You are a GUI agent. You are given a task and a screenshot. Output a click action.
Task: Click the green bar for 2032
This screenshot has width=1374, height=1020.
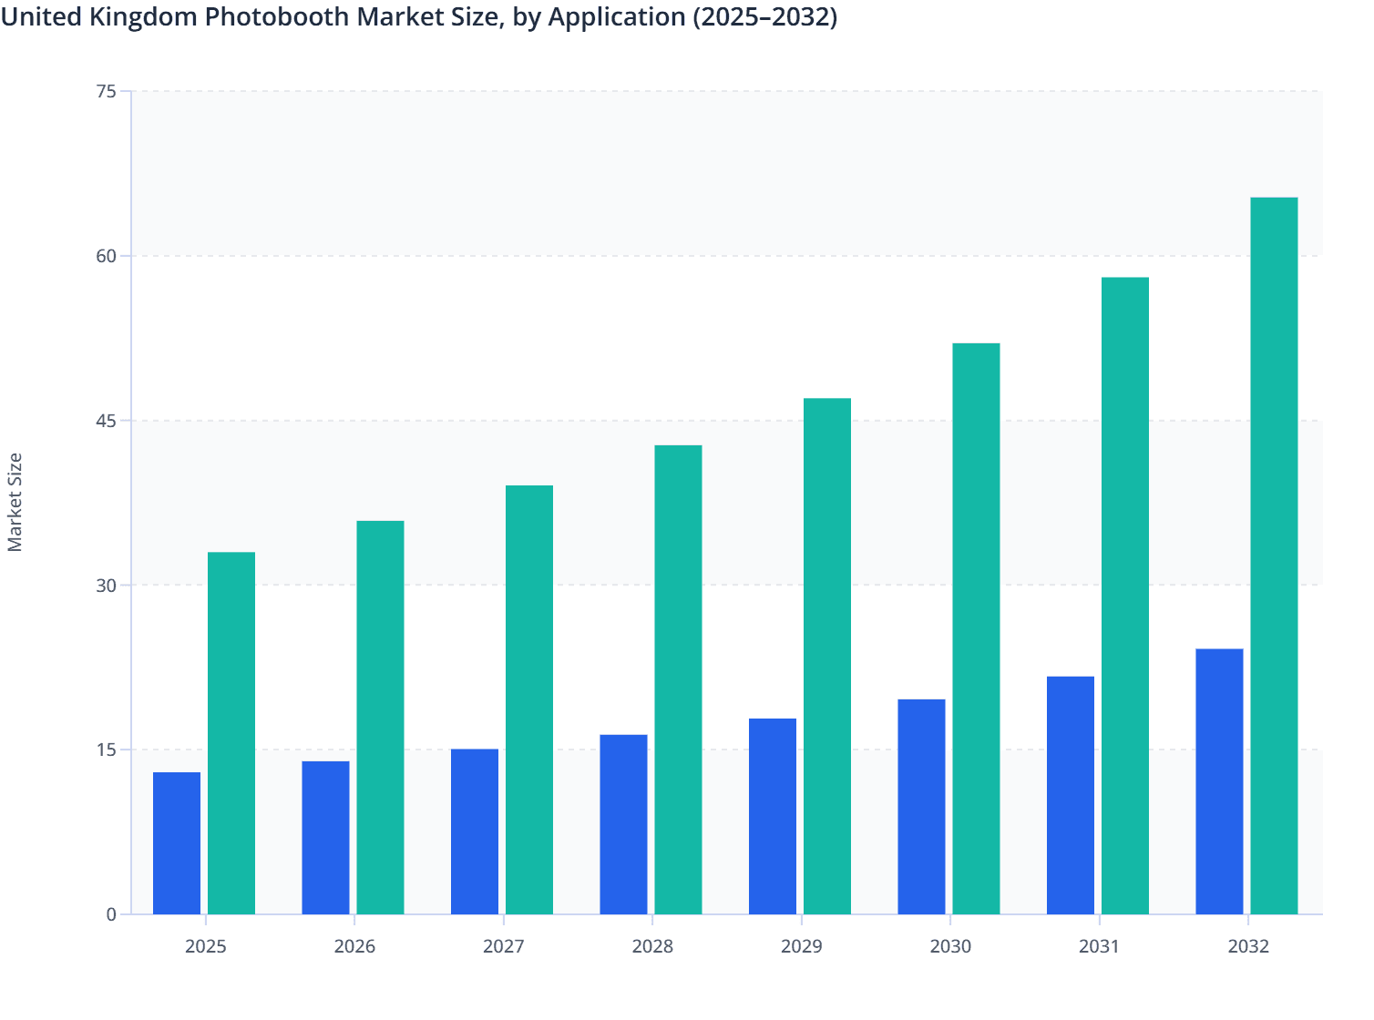pos(1274,556)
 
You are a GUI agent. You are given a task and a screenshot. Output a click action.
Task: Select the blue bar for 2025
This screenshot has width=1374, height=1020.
pos(177,843)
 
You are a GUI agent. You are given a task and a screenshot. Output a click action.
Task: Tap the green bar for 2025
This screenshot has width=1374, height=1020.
pos(231,733)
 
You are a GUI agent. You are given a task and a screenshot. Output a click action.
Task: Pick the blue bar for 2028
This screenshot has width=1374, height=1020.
pos(623,824)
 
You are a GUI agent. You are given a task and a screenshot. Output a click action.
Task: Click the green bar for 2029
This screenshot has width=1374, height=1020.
pos(827,656)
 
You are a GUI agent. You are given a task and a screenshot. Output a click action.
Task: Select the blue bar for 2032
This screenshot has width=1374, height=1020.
pos(1219,781)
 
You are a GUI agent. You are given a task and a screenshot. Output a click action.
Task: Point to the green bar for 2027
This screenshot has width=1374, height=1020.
pos(529,699)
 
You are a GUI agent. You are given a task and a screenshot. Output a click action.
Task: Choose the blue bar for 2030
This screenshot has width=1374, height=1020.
pos(921,807)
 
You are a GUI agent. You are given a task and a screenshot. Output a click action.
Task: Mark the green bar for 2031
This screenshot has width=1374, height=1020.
pos(1125,596)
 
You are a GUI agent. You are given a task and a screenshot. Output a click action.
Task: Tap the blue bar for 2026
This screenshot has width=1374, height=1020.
pos(325,838)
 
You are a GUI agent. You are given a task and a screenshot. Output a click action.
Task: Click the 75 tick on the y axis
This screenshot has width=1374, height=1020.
pos(106,91)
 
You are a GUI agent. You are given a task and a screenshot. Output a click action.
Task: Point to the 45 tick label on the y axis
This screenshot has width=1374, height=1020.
pos(106,421)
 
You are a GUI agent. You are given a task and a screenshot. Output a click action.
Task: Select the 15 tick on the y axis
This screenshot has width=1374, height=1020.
pos(106,750)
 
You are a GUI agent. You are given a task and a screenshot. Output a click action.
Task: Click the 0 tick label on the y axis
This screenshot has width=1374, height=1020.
pos(111,914)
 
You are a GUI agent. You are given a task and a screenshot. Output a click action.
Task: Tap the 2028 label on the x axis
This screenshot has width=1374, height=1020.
pos(652,946)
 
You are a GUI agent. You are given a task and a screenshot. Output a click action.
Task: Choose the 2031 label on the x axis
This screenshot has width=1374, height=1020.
pos(1099,946)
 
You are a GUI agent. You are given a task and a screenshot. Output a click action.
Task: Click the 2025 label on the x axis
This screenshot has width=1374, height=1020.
pos(206,946)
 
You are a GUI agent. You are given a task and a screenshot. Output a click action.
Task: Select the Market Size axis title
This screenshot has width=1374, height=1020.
pos(15,502)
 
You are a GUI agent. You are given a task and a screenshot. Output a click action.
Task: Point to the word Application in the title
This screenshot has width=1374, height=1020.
pos(616,16)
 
